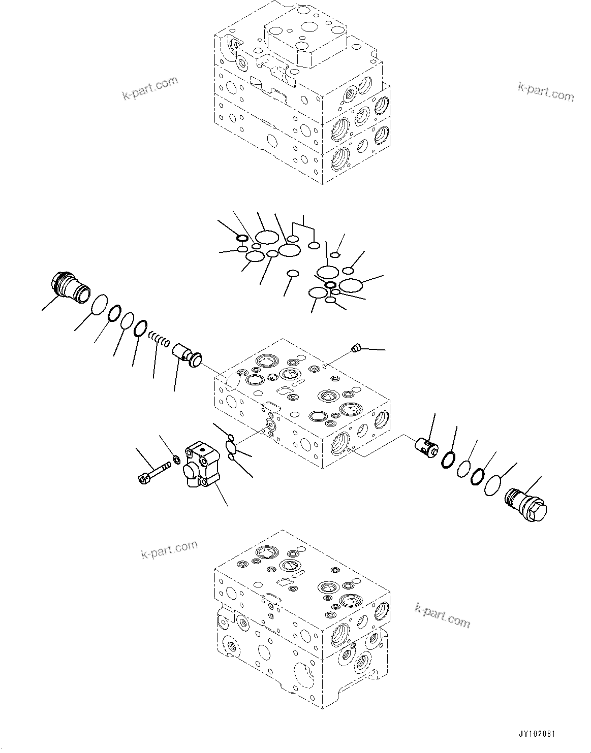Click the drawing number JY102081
537,734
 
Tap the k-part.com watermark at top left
150,88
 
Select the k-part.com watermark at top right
546,91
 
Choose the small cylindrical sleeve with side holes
426,447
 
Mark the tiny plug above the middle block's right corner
356,348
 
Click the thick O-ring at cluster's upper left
242,239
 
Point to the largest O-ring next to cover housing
232,448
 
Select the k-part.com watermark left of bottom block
169,549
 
